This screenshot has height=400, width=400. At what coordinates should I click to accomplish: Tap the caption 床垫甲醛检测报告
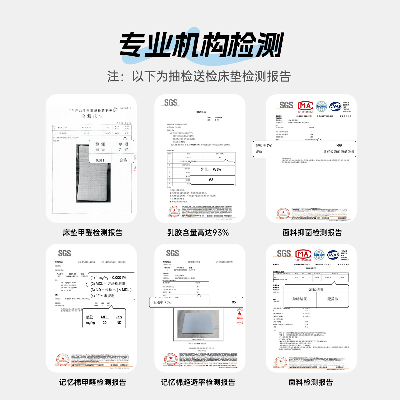tap(92, 232)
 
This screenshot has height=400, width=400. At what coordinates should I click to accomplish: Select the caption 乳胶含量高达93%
tap(198, 232)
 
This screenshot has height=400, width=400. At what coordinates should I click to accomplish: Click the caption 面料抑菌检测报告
tap(312, 232)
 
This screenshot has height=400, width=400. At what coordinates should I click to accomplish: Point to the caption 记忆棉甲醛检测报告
tap(92, 382)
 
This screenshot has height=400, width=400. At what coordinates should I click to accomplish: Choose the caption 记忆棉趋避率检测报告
tap(198, 382)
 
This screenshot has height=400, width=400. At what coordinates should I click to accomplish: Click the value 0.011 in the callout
tap(100, 160)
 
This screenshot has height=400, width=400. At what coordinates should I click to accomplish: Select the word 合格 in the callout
tap(123, 160)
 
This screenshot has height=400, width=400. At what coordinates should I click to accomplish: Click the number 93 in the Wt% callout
tap(211, 179)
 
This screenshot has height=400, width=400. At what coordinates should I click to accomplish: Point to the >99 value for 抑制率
tap(339, 145)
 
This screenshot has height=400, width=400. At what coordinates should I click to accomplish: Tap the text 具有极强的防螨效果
tap(339, 152)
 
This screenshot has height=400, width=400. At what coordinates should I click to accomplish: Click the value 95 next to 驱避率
tap(234, 302)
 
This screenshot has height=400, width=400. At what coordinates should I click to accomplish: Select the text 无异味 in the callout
tap(332, 299)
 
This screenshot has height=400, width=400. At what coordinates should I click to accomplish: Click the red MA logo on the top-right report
tap(305, 106)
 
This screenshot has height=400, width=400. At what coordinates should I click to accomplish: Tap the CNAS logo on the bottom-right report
tap(333, 255)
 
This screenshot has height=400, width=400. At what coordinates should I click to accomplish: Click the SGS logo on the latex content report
tap(171, 103)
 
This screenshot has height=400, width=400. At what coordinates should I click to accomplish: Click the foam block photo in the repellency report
tap(198, 324)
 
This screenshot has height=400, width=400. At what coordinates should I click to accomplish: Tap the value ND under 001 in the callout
tap(119, 322)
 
